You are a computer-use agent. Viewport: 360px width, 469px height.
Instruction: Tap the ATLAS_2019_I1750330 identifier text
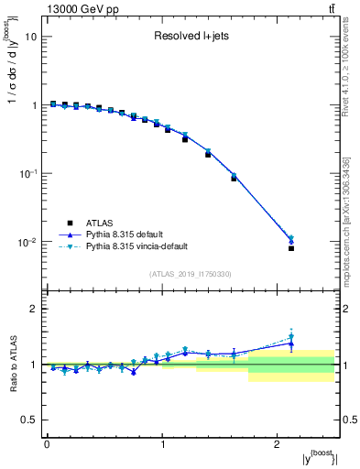click(x=191, y=274)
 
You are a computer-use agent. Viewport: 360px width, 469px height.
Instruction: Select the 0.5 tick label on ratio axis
click(x=29, y=420)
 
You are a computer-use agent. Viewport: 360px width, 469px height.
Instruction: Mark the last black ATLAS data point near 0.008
click(x=291, y=248)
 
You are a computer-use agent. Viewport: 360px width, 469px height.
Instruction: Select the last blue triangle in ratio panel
click(x=291, y=344)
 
